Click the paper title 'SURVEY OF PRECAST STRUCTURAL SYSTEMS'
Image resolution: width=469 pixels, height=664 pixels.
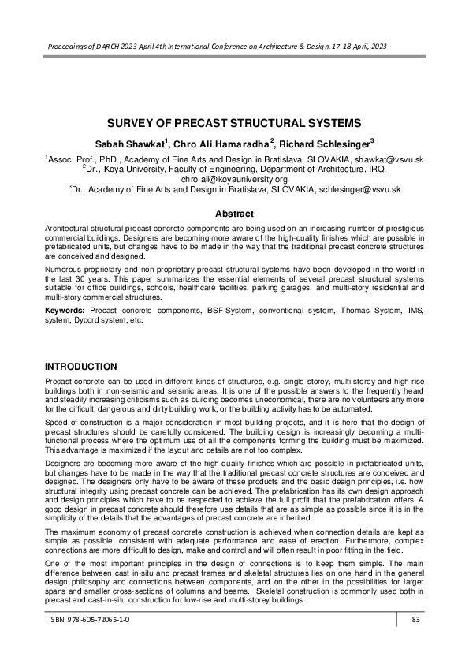[x=234, y=123]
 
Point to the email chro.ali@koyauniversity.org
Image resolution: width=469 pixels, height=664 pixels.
[x=234, y=179]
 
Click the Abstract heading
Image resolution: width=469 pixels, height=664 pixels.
[x=234, y=214]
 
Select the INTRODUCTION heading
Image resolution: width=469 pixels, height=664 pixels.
[x=81, y=367]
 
